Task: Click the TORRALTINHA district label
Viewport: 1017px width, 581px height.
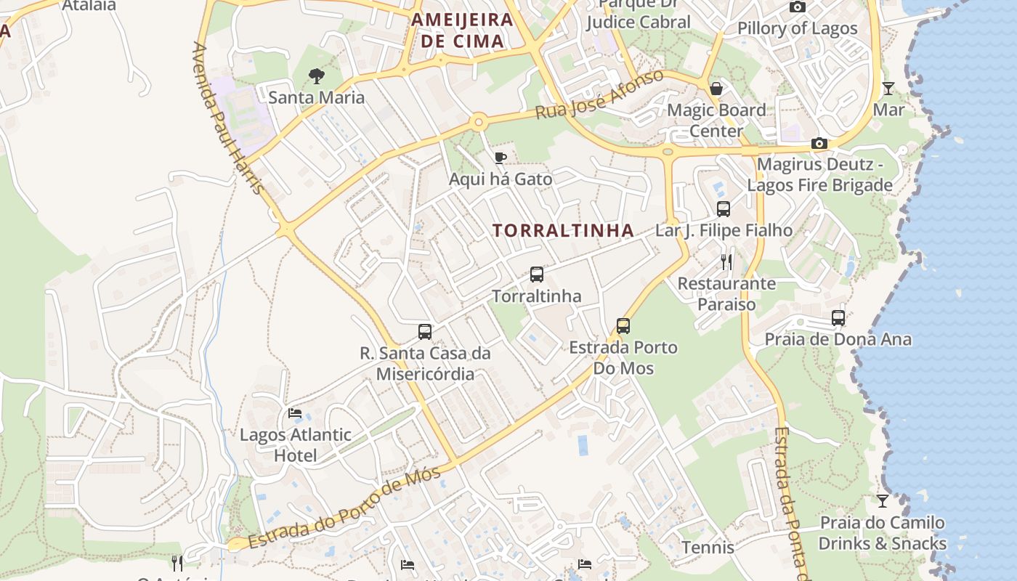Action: (x=563, y=231)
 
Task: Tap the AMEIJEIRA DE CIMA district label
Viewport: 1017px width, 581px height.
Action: (x=462, y=30)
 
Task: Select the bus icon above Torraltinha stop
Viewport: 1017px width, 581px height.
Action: (x=537, y=275)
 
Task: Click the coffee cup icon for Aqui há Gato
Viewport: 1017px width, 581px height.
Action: (x=500, y=158)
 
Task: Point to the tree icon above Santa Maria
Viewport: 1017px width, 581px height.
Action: (x=316, y=75)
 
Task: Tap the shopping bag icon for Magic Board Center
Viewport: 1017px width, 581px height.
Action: (x=716, y=89)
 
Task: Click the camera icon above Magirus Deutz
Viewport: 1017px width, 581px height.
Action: (x=819, y=143)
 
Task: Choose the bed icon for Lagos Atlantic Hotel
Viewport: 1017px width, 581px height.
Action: (x=295, y=413)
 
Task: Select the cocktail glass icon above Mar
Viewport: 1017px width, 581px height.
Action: (x=888, y=89)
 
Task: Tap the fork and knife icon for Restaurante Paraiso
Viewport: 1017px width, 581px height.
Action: (x=726, y=262)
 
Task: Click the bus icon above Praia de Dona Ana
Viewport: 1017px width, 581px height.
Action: (x=838, y=318)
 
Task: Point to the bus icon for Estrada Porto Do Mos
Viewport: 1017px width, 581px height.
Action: (x=623, y=326)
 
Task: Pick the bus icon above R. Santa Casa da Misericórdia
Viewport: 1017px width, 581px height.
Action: (x=425, y=332)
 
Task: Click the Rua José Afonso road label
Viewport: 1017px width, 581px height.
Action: (x=599, y=95)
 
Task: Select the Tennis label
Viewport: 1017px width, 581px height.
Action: (x=708, y=547)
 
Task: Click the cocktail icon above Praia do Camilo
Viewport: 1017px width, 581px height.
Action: (x=882, y=501)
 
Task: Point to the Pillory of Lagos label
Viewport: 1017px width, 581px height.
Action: (x=797, y=28)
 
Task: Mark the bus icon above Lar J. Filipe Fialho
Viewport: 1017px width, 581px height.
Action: (x=724, y=209)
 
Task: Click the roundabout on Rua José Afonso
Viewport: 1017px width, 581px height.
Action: (x=478, y=122)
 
